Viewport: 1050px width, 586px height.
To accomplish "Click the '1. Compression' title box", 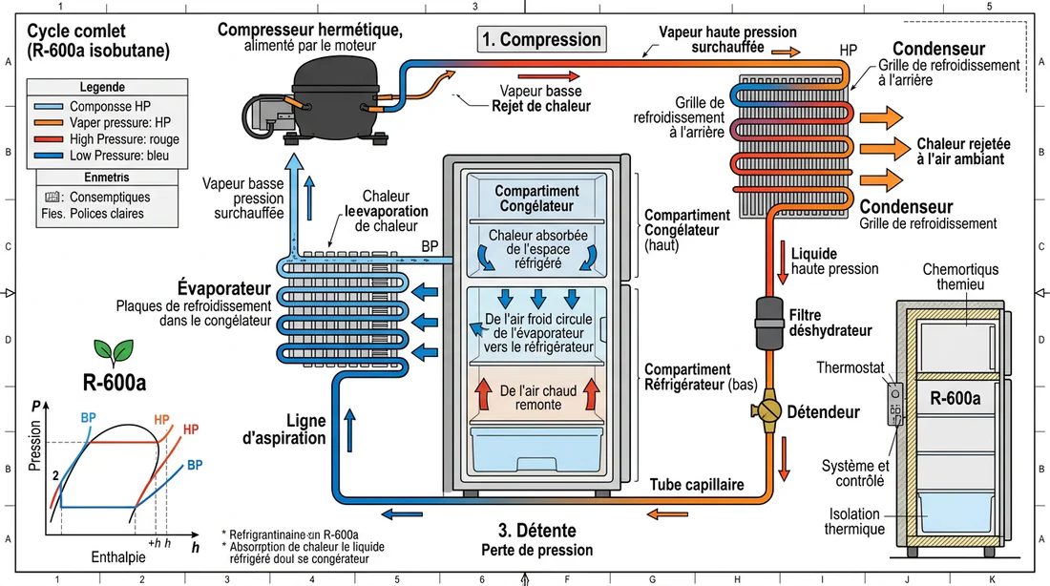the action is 542,39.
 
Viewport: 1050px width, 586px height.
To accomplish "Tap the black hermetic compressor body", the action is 335,97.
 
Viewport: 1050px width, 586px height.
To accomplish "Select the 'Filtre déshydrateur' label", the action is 830,323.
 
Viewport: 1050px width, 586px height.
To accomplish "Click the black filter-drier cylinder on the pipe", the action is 769,324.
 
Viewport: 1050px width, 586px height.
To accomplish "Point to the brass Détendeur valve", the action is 767,410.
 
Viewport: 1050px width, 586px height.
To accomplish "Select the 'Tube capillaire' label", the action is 697,485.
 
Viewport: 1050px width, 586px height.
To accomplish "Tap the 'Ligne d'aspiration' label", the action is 283,429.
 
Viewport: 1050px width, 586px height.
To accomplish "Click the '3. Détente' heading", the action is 537,531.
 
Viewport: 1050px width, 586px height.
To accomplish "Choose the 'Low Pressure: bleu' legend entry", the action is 119,156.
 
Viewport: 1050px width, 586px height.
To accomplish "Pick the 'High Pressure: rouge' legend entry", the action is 124,139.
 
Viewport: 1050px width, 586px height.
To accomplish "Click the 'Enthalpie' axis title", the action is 117,557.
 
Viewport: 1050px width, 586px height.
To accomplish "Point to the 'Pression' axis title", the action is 34,446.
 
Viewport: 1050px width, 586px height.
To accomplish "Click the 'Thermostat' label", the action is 850,367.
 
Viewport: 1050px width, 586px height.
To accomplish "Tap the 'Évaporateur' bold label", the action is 223,288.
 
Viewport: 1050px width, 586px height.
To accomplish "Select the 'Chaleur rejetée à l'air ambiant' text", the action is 963,152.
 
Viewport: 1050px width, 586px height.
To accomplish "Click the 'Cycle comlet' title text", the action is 76,31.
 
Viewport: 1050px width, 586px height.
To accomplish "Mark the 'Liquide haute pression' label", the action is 834,262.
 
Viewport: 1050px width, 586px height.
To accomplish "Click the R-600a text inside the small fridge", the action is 955,399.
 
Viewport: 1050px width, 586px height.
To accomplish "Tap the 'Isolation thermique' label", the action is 854,522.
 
